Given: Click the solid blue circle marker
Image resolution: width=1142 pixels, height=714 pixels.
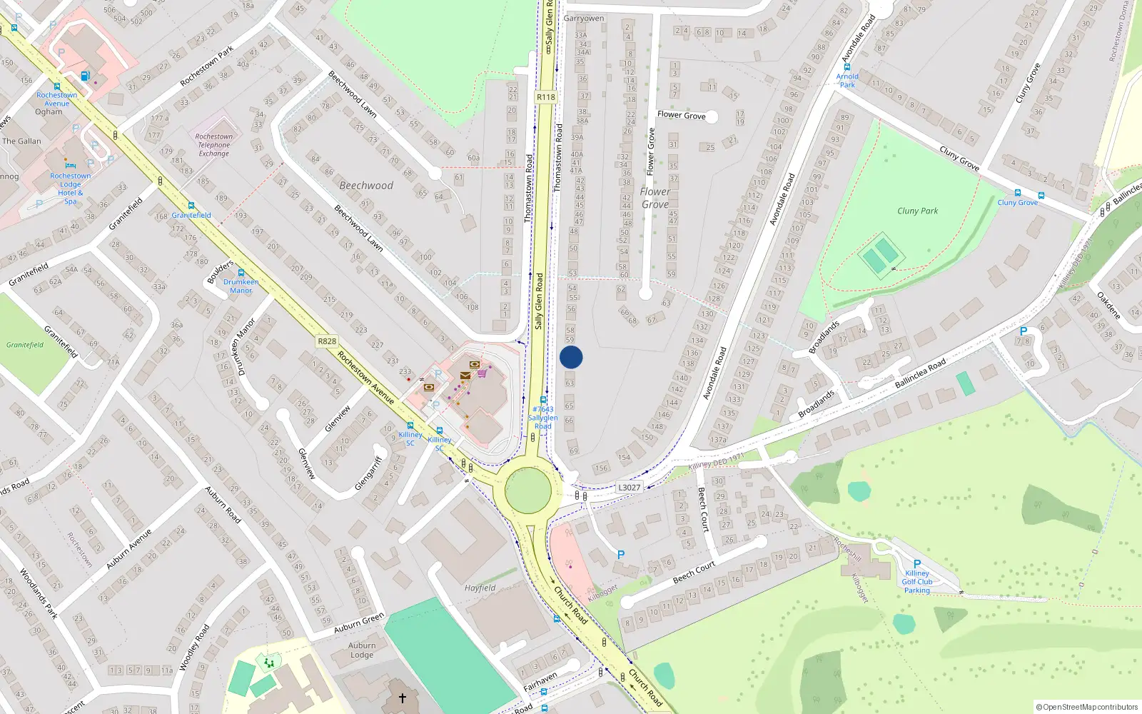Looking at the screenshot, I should (571, 357).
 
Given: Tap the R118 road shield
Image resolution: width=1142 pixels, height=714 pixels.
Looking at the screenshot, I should (546, 97).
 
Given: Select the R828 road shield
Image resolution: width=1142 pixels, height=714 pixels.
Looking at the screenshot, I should (327, 341).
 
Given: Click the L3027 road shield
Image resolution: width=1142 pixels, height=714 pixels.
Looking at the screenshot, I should (629, 488).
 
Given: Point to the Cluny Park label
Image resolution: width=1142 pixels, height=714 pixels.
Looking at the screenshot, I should (917, 211).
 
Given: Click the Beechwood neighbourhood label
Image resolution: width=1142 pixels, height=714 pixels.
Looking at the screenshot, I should (366, 186).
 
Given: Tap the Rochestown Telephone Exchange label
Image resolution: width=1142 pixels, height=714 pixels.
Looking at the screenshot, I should (214, 145).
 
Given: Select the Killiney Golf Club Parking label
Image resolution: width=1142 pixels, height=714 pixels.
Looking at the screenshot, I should (917, 582).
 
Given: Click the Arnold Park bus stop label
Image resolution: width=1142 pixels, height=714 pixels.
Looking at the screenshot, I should (847, 80).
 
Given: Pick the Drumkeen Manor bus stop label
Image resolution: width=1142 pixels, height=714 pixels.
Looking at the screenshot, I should (241, 286).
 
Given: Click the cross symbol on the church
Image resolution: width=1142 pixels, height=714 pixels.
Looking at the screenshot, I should (402, 698).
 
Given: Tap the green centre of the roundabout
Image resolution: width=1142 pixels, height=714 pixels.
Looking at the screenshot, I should (528, 491).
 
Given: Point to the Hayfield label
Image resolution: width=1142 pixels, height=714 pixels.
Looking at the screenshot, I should (480, 588).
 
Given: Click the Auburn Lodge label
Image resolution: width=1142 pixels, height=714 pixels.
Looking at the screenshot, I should (362, 650).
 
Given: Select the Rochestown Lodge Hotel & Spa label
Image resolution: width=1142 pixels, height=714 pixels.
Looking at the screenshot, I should (70, 188).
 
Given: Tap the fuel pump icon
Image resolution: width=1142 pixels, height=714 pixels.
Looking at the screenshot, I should (86, 76).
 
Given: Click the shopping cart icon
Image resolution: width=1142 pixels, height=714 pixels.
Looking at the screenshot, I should (482, 373).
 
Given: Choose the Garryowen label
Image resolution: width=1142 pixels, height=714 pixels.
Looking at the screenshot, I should (584, 19).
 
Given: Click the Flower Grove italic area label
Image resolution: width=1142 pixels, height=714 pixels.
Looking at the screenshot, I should (655, 198).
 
